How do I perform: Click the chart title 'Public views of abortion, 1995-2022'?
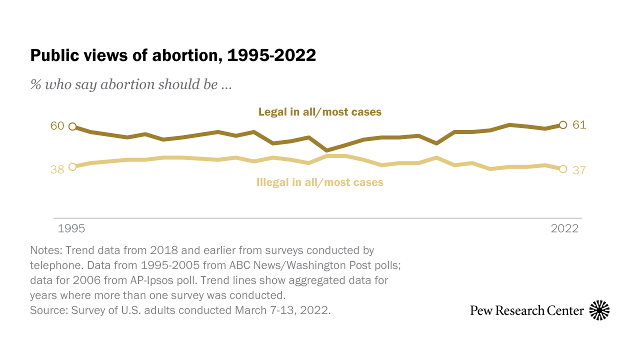pyautogui.click(x=173, y=55)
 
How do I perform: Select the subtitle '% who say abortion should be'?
pyautogui.click(x=130, y=84)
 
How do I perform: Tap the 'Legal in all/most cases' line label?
pyautogui.click(x=320, y=112)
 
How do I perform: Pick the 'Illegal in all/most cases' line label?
pyautogui.click(x=320, y=182)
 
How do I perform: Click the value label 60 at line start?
pyautogui.click(x=57, y=126)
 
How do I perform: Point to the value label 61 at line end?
pyautogui.click(x=579, y=125)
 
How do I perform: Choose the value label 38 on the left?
pyautogui.click(x=57, y=169)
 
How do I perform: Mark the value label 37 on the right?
pyautogui.click(x=579, y=170)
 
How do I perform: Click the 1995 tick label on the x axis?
pyautogui.click(x=71, y=228)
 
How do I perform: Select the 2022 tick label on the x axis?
pyautogui.click(x=564, y=228)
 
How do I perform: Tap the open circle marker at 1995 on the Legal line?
pyautogui.click(x=72, y=126)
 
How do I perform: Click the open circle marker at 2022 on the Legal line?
pyautogui.click(x=563, y=125)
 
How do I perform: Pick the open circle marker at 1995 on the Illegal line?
pyautogui.click(x=72, y=167)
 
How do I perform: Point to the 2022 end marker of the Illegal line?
pyautogui.click(x=563, y=169)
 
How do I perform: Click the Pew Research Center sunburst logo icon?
pyautogui.click(x=599, y=310)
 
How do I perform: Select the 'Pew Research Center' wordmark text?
pyautogui.click(x=527, y=310)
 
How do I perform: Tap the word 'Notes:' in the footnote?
pyautogui.click(x=46, y=250)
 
